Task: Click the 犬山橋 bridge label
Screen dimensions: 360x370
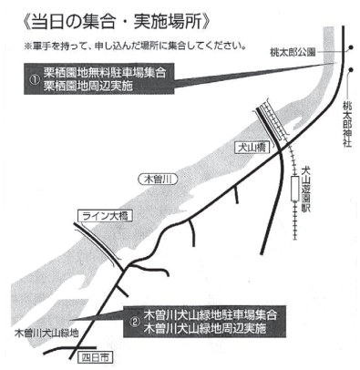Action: (252, 148)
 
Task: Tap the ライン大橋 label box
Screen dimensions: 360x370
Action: (105, 216)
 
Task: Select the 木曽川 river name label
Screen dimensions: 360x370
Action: (158, 179)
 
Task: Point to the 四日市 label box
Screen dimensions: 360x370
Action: (95, 357)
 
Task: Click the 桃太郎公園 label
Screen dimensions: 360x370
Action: (293, 53)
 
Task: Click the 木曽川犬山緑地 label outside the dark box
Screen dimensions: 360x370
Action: (46, 333)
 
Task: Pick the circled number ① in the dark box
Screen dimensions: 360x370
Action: (35, 79)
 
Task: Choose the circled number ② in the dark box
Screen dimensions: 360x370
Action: (134, 322)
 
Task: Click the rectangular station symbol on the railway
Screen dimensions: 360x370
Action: (294, 189)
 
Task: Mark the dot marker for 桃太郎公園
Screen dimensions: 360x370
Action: (351, 47)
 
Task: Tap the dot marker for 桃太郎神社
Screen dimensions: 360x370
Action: (351, 69)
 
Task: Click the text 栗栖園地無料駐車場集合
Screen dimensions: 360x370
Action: (105, 73)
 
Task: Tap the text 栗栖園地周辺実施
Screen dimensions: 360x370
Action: (88, 86)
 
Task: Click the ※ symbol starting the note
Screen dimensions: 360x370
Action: (27, 46)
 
